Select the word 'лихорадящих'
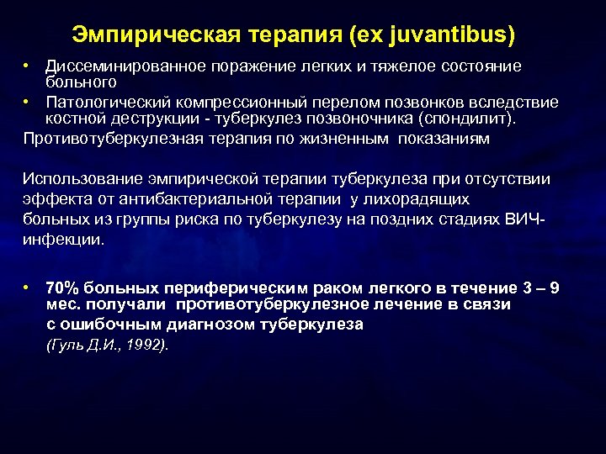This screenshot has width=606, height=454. tap(425, 198)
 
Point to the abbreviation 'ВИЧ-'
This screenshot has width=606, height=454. tap(528, 219)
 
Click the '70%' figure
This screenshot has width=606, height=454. tap(61, 288)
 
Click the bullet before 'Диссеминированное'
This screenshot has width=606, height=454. tap(28, 65)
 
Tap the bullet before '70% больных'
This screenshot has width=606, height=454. tap(28, 287)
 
